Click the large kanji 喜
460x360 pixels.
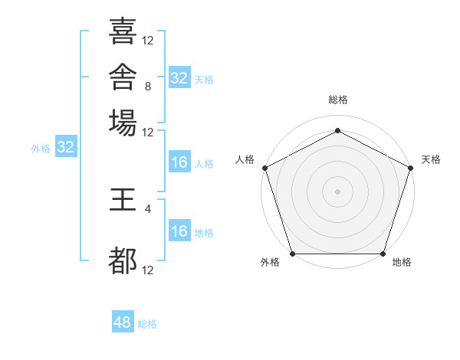[123, 31]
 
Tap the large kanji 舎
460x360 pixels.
[123, 77]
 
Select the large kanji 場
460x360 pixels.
[123, 123]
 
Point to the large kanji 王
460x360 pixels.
[123, 199]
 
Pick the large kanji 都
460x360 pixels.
[123, 260]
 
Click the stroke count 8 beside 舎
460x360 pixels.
[148, 87]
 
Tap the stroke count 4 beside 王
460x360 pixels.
[148, 209]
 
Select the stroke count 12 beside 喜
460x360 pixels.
[147, 41]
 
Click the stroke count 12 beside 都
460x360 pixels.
[147, 270]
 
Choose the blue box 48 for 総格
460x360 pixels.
[123, 321]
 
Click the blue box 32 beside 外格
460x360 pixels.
[66, 146]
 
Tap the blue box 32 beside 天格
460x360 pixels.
[179, 77]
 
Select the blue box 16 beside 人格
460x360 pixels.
[179, 162]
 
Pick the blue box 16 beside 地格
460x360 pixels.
[179, 230]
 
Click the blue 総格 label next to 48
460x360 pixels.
[147, 324]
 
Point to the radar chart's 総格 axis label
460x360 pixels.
[338, 100]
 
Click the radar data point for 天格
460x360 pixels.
[411, 168]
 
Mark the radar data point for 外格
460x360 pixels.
[293, 254]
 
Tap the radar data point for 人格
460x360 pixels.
[265, 168]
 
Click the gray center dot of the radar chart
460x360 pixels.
[337, 191]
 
